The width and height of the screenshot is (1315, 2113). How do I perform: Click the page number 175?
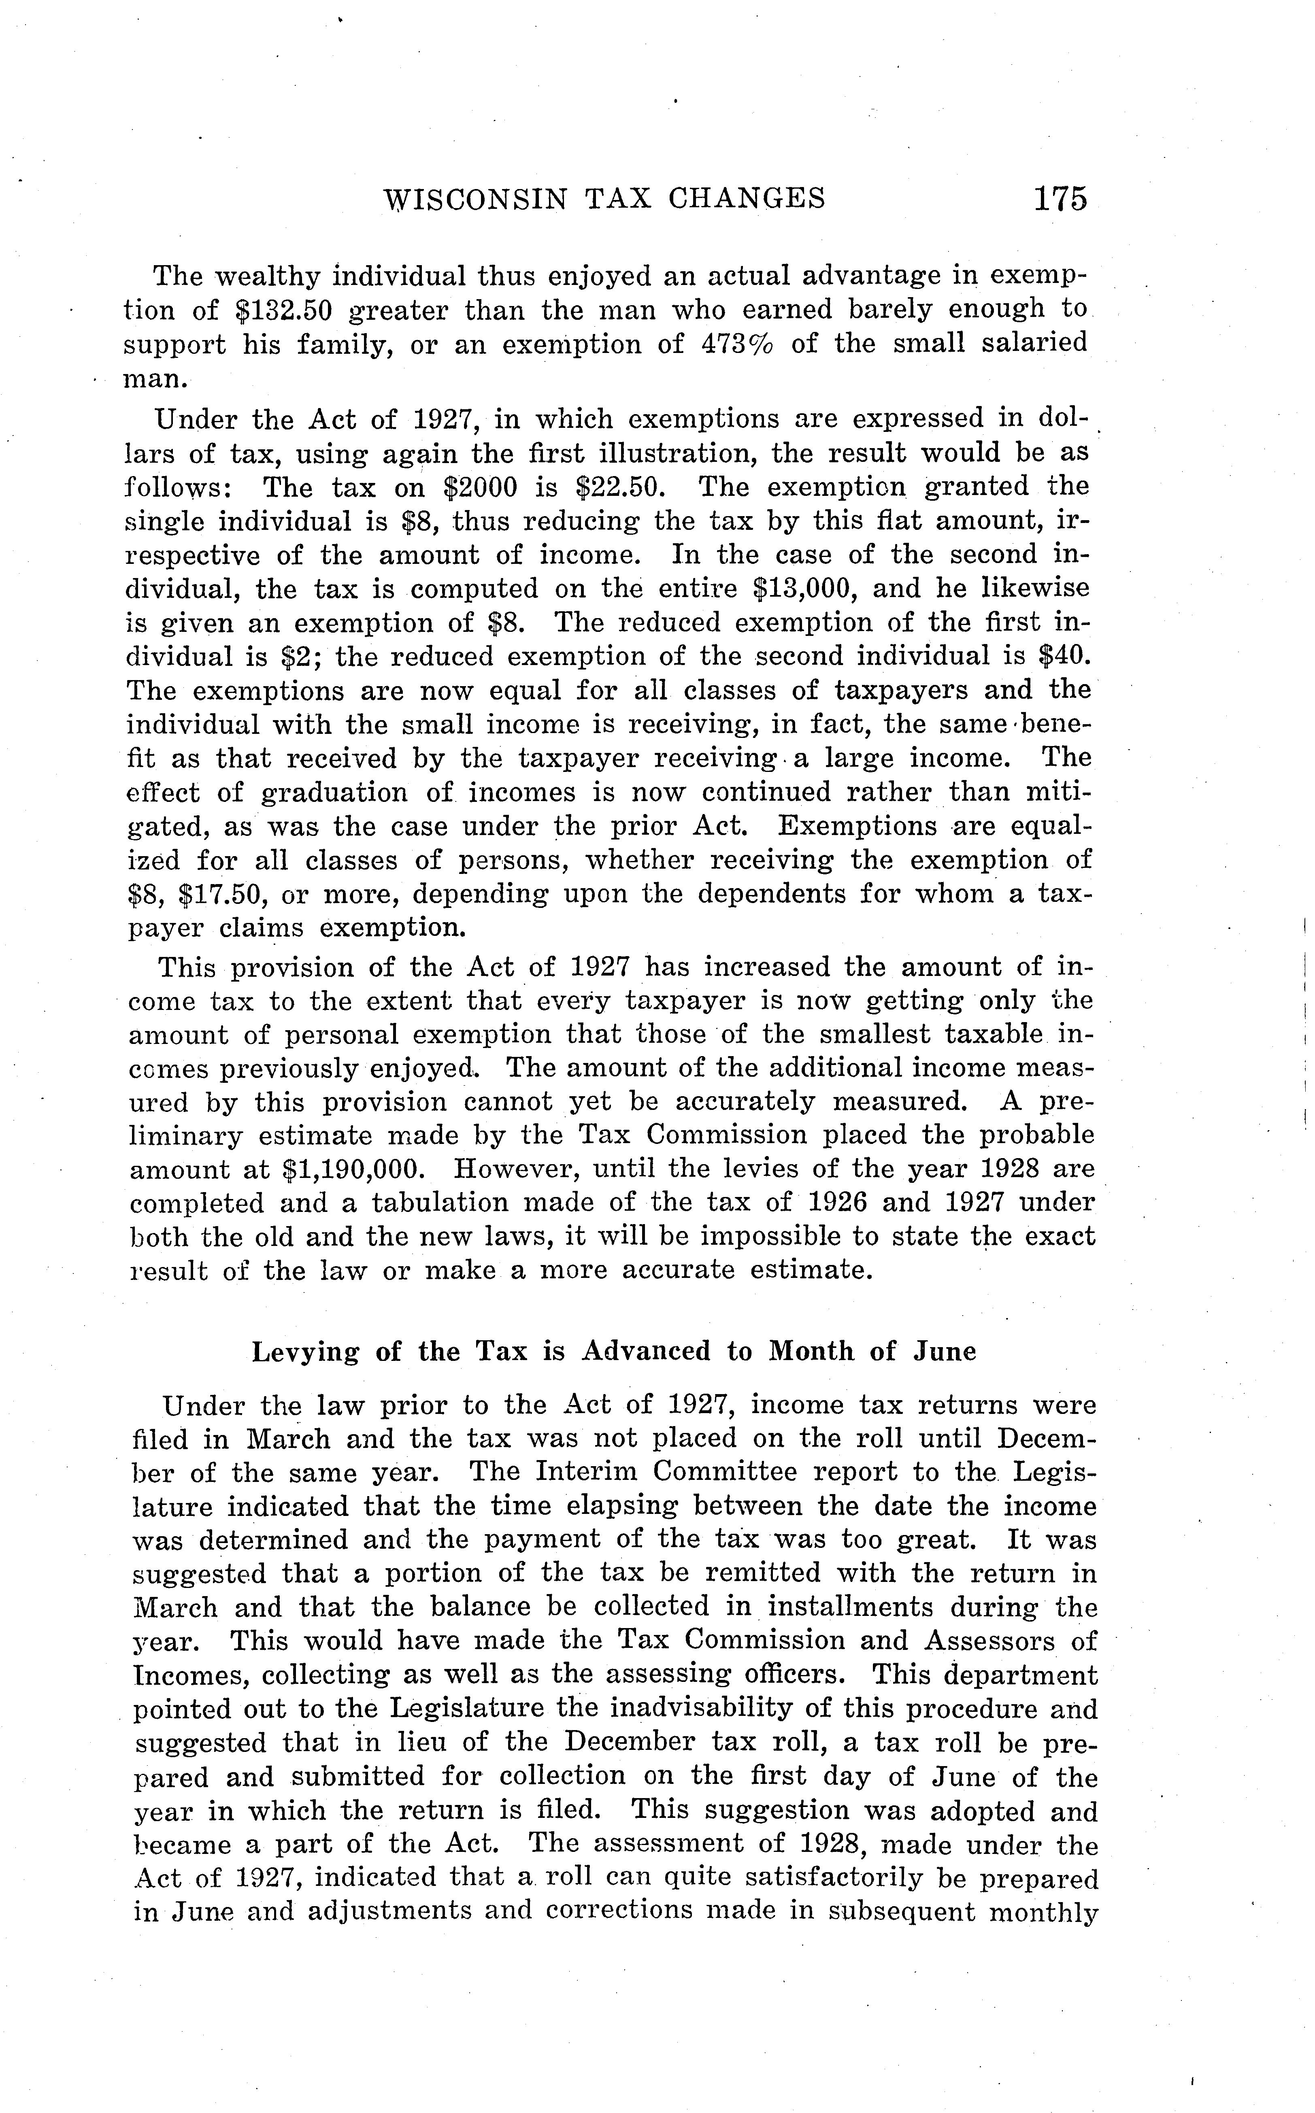tap(1060, 199)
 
